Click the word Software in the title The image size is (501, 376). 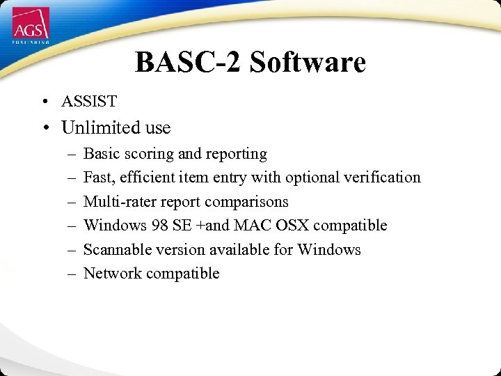(x=308, y=62)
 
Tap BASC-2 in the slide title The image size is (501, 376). (x=188, y=62)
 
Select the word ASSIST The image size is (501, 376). (x=89, y=102)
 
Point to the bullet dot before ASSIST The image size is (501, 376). (x=44, y=102)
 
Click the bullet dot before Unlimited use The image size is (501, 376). (x=44, y=129)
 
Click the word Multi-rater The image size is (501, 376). (x=116, y=202)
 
